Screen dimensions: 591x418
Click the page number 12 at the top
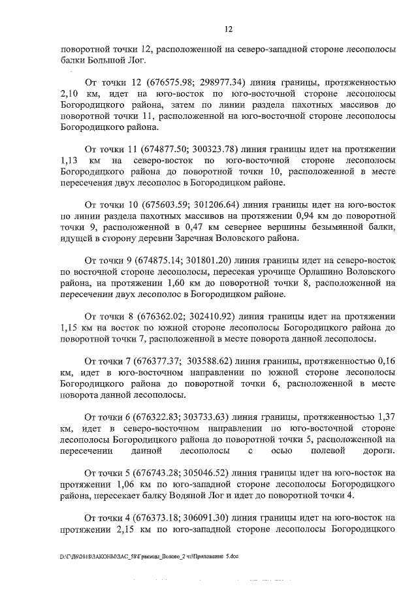click(229, 29)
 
